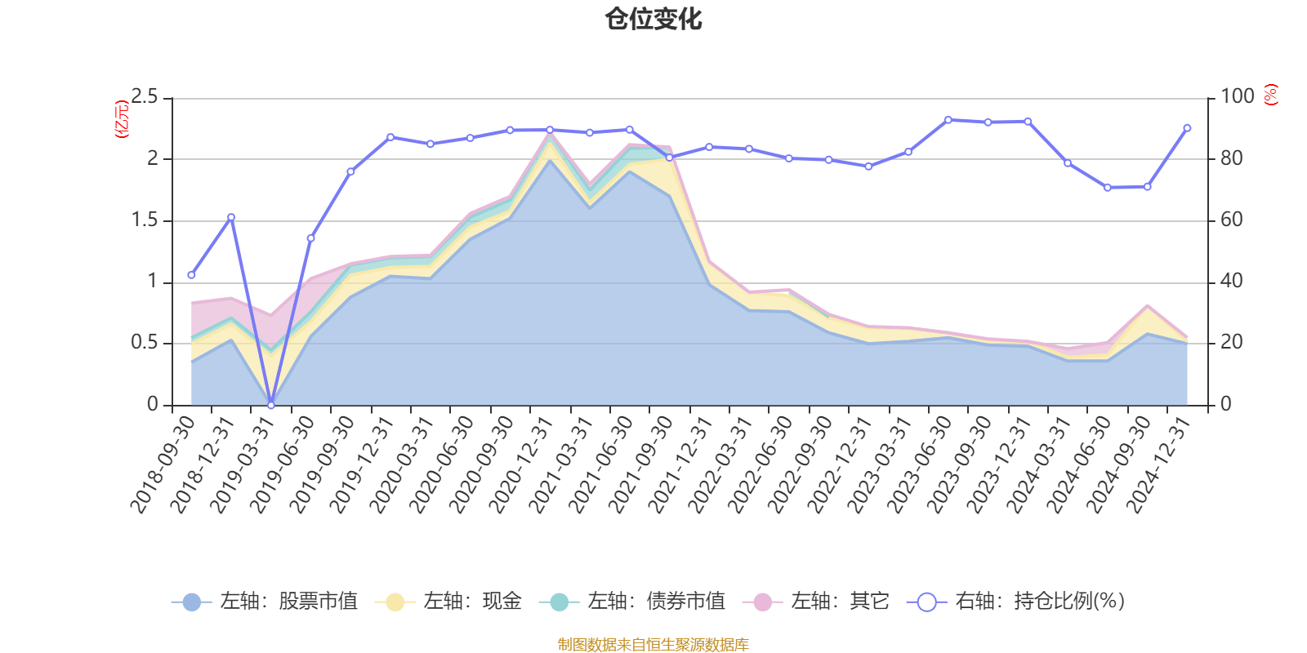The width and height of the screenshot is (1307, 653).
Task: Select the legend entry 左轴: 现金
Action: [448, 602]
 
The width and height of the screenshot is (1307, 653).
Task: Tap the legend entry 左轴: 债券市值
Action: [632, 602]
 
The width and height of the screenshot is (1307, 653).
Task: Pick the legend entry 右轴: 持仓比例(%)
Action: [1016, 602]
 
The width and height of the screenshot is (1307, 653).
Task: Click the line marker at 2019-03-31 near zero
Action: [271, 405]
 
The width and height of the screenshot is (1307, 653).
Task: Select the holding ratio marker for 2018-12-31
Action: [231, 217]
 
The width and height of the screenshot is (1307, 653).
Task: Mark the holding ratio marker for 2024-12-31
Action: [1187, 128]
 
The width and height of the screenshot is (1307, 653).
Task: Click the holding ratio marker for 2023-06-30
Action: [948, 120]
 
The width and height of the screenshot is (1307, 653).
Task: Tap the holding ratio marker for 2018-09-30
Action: [191, 275]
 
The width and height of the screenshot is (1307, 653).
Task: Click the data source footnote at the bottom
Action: [653, 645]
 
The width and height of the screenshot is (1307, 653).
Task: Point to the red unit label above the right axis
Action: [1270, 95]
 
